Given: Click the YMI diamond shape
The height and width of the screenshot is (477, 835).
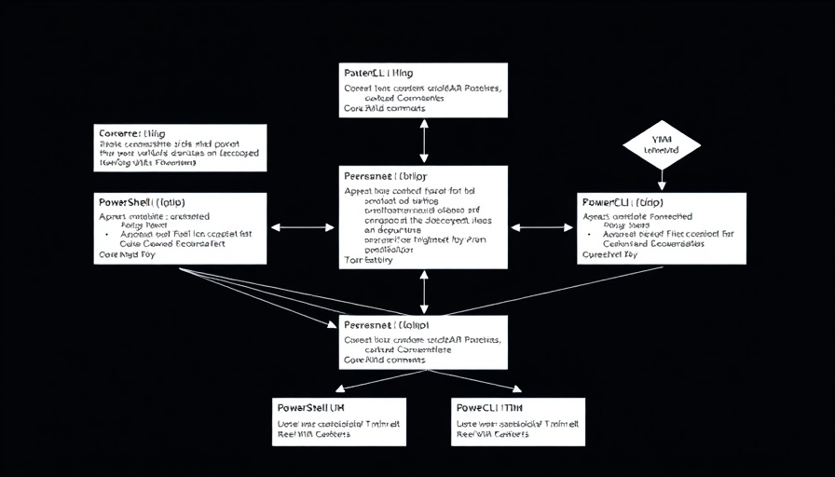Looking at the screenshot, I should click(662, 144).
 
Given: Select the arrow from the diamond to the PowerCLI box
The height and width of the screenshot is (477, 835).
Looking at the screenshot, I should click(662, 179).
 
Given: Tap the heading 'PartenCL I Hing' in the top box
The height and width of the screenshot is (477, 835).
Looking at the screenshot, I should click(379, 73).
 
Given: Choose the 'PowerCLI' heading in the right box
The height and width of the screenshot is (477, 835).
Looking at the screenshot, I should click(622, 202).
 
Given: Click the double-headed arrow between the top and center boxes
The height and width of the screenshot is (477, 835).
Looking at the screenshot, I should click(425, 142).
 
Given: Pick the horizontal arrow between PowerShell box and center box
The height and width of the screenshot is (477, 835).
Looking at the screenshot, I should click(302, 226).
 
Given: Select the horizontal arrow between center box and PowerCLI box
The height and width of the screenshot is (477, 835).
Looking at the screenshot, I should click(542, 226).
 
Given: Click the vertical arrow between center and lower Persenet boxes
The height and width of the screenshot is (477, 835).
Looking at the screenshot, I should click(425, 292).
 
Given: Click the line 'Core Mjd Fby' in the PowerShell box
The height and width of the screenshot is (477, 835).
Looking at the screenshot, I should click(127, 253).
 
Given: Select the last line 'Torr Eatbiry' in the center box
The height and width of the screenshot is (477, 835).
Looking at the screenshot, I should click(368, 260).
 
